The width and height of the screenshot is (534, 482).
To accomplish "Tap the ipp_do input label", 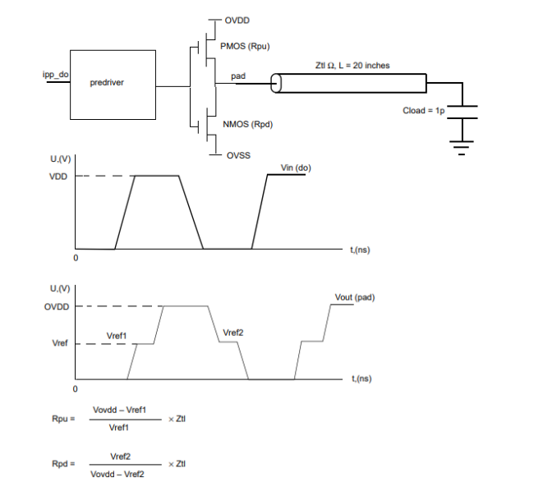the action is (56, 75).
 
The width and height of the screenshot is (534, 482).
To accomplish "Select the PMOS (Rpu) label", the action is (245, 46).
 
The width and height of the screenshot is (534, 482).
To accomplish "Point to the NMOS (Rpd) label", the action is (247, 124).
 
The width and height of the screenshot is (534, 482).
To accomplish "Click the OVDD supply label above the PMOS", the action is (237, 21).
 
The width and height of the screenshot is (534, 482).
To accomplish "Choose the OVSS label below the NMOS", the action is (238, 155).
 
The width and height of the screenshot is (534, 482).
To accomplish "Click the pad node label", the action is (238, 76).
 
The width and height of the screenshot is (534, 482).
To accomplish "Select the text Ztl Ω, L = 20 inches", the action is (352, 66).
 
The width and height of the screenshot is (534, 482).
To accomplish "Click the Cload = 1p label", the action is (424, 111).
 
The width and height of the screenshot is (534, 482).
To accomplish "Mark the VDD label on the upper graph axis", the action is (58, 177).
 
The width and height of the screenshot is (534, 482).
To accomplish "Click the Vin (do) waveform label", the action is (296, 168).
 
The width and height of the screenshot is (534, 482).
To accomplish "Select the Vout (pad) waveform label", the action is (355, 297).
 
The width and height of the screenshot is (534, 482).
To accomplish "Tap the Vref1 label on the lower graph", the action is (117, 336).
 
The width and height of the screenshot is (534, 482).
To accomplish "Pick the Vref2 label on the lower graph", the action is (233, 333).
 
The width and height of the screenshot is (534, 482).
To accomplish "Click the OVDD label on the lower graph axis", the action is (57, 307).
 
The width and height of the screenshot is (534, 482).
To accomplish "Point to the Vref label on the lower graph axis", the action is (60, 343).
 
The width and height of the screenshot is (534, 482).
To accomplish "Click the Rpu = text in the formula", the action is (63, 419).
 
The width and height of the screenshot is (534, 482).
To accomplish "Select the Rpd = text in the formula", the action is (63, 464).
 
